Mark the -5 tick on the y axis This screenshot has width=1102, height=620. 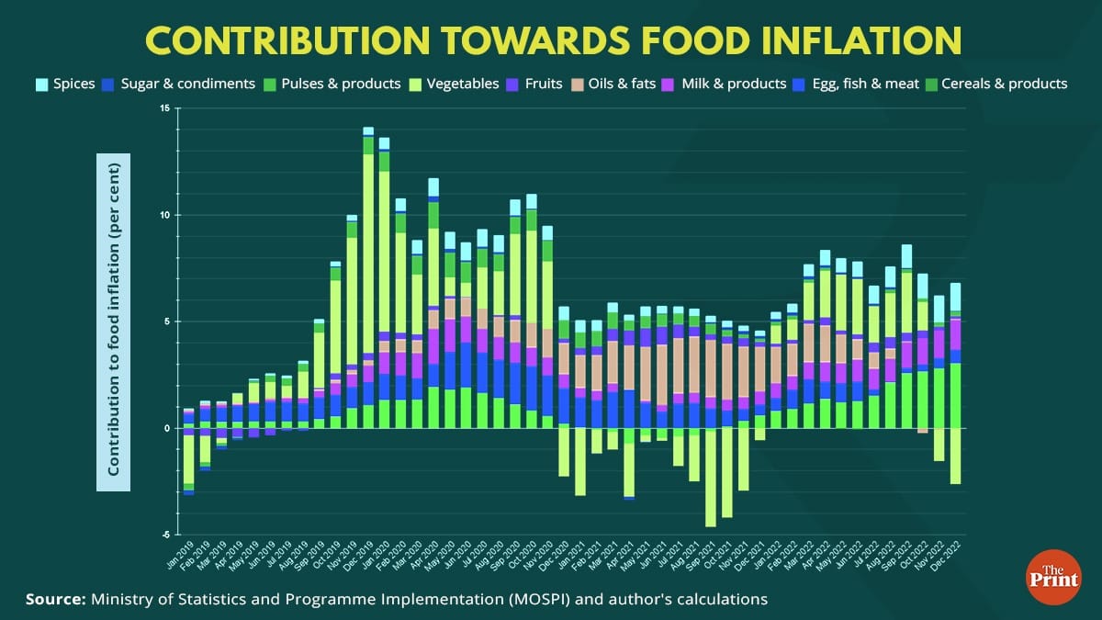[x=163, y=535]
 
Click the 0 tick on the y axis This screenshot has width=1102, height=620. [x=166, y=428]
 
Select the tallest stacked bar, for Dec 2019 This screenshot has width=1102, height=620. [x=368, y=276]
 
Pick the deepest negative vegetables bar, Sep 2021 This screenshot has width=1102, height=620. [x=710, y=477]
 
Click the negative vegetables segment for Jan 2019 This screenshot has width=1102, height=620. [x=188, y=459]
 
